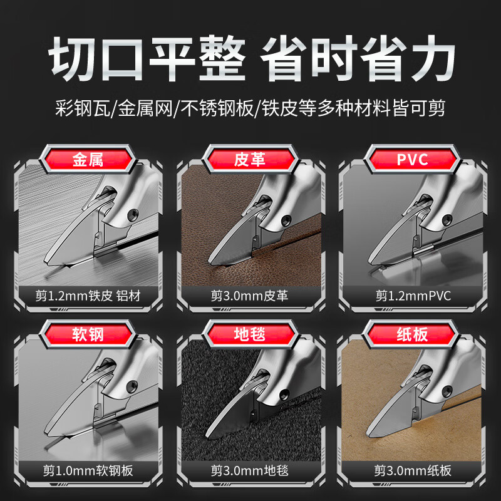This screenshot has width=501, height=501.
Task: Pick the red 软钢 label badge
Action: [x=88, y=334]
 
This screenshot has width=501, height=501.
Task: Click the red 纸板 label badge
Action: [x=413, y=334]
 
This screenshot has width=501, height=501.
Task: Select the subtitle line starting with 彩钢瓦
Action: [x=250, y=108]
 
